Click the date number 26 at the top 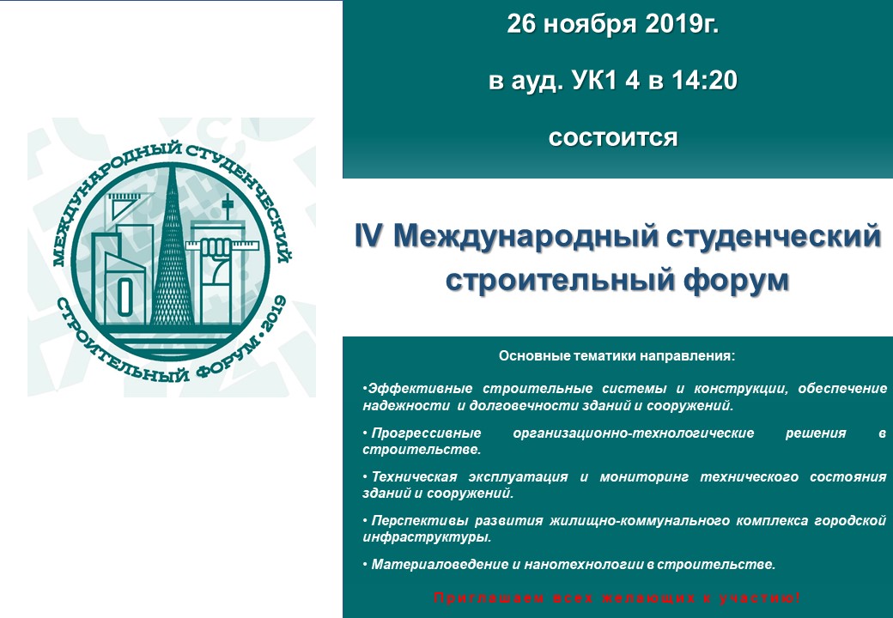click(x=520, y=24)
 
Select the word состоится click(x=613, y=138)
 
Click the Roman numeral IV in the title click(x=368, y=235)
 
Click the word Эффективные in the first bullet click(x=420, y=389)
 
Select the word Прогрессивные click(x=426, y=433)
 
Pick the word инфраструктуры click(x=427, y=537)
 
